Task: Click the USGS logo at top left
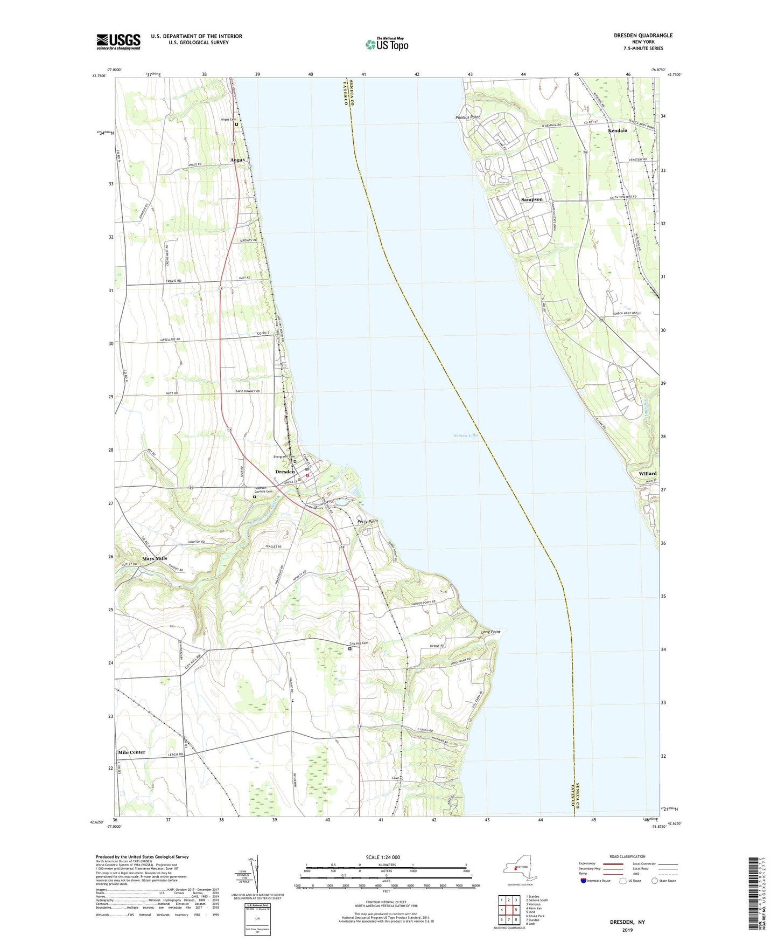coord(118,41)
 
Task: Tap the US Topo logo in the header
coord(387,44)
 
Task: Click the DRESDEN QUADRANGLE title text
coord(643,36)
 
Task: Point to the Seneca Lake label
coord(466,435)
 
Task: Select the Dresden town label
coord(285,472)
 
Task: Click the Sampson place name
coord(531,199)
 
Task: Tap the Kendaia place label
coord(617,130)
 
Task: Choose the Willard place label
coord(647,473)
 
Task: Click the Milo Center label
coord(131,752)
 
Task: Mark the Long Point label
coord(490,632)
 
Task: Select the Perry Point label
coord(368,522)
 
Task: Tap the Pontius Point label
coord(467,117)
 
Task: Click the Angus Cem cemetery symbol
coord(236,124)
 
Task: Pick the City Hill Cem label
coord(359,643)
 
